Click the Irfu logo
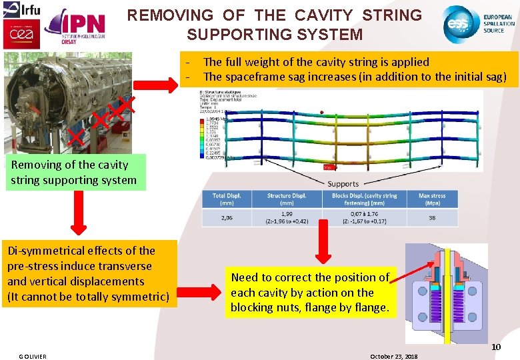(x=22, y=9)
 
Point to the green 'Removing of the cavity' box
(x=75, y=172)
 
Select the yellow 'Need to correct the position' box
(x=310, y=292)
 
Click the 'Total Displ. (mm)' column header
(x=227, y=199)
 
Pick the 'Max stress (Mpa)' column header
(x=432, y=199)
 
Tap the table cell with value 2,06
(x=227, y=217)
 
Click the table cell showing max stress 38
(x=432, y=217)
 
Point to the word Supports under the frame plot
(x=343, y=183)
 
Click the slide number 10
(x=496, y=347)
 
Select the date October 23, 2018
(x=393, y=356)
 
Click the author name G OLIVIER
(x=33, y=356)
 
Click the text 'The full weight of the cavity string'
(x=316, y=62)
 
